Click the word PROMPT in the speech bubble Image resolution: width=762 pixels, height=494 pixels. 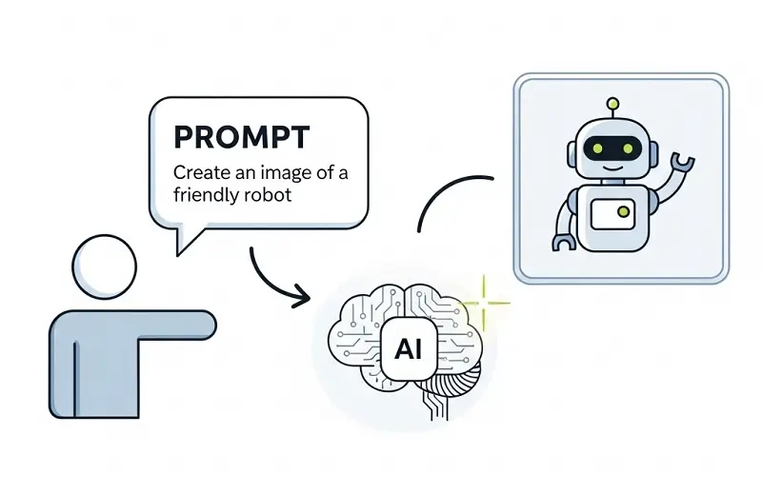coord(241,136)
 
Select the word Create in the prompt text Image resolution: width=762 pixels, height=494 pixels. coord(197,174)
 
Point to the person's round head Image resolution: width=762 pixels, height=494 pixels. coord(105,265)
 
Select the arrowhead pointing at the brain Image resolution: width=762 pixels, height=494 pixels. coord(302,298)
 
